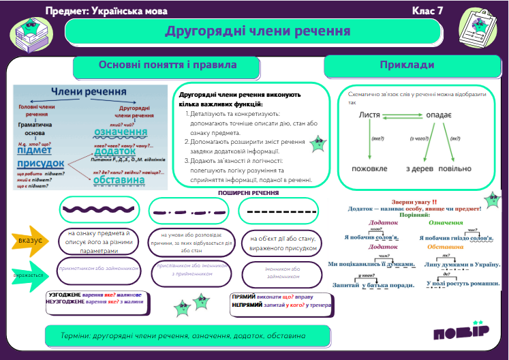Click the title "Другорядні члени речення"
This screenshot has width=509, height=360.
[x=258, y=31]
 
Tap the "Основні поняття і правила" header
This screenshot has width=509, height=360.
[x=168, y=65]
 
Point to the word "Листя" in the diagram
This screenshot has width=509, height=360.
[x=369, y=116]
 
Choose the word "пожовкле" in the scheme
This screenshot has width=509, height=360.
[x=369, y=168]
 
